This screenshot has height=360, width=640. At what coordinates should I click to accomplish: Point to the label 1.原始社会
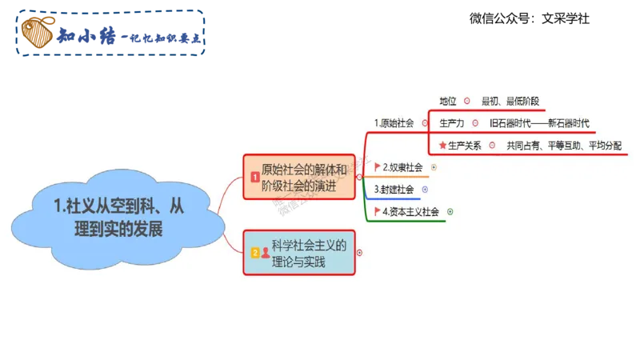click(x=394, y=123)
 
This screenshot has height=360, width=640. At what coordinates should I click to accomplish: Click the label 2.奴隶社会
click(x=402, y=167)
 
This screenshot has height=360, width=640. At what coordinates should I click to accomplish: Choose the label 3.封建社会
click(x=394, y=190)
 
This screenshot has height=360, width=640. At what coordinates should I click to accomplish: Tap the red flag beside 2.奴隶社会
click(x=378, y=167)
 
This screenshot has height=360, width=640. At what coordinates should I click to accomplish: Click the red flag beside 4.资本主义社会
click(x=378, y=212)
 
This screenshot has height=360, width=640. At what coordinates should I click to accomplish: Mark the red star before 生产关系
click(x=442, y=146)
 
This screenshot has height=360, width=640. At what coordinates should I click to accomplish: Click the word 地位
click(x=448, y=102)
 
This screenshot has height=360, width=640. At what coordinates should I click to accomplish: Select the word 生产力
click(x=452, y=123)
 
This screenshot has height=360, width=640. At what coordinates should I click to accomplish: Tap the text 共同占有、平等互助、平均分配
click(x=564, y=146)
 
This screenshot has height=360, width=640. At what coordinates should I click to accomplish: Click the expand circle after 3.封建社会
click(x=425, y=190)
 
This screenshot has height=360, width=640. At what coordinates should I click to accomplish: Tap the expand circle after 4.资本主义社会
click(x=450, y=212)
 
